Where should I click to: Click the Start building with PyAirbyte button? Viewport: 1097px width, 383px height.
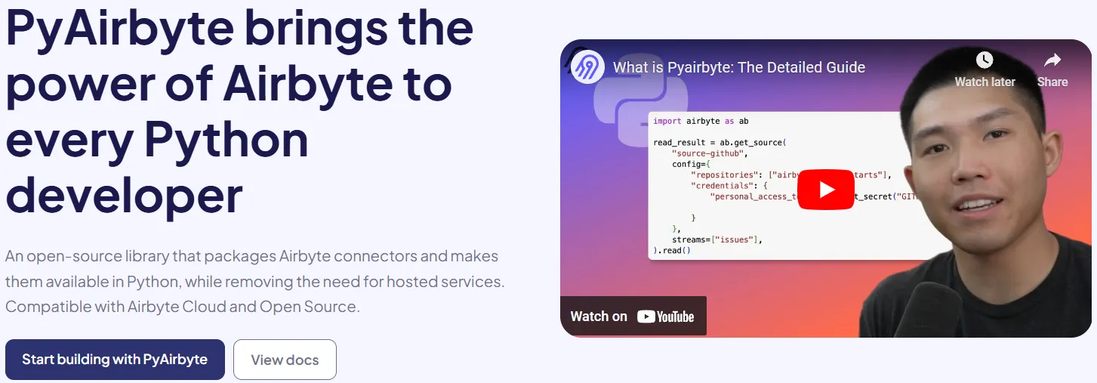click(115, 360)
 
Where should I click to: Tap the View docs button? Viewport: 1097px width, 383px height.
click(285, 360)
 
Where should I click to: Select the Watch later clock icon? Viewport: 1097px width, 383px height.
click(985, 60)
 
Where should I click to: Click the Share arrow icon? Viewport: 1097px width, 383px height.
click(1052, 60)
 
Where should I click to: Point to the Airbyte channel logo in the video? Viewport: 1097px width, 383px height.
click(587, 67)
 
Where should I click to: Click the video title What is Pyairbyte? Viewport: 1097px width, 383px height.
click(738, 67)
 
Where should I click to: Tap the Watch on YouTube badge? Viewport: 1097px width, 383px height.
click(633, 316)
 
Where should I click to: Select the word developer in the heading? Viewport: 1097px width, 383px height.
click(124, 193)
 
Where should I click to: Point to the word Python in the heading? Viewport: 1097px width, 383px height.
click(226, 139)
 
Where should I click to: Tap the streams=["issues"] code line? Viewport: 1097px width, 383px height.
click(717, 239)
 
